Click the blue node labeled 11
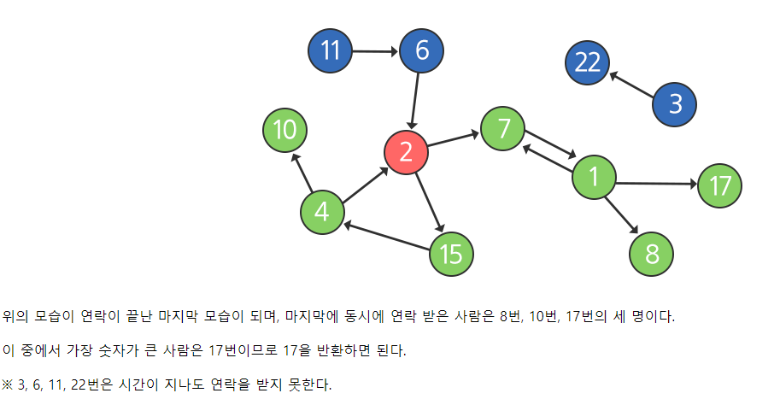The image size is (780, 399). [331, 51]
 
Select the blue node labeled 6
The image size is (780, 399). [422, 51]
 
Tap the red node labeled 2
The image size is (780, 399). [406, 152]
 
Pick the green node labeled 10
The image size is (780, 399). [284, 131]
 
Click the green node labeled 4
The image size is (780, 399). [322, 211]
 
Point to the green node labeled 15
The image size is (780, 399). [451, 254]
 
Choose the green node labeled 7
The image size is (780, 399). [503, 129]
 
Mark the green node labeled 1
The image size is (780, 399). [593, 178]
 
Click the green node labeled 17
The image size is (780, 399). [720, 185]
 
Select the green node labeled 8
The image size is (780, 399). [653, 254]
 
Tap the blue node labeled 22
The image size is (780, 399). [588, 62]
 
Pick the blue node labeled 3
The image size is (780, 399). [675, 104]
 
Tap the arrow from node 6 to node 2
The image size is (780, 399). [415, 101]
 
